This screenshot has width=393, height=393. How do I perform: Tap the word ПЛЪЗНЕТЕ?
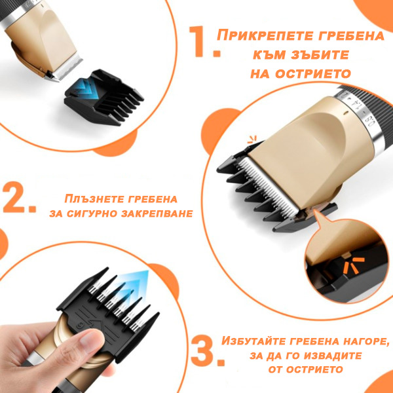(x=94, y=198)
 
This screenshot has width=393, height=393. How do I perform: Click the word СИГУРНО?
(x=92, y=214)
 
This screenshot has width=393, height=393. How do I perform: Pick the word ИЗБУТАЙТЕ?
(x=254, y=341)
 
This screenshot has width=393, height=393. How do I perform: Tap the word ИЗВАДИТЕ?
(x=335, y=356)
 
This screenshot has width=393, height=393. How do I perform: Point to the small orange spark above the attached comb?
(x=252, y=140)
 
